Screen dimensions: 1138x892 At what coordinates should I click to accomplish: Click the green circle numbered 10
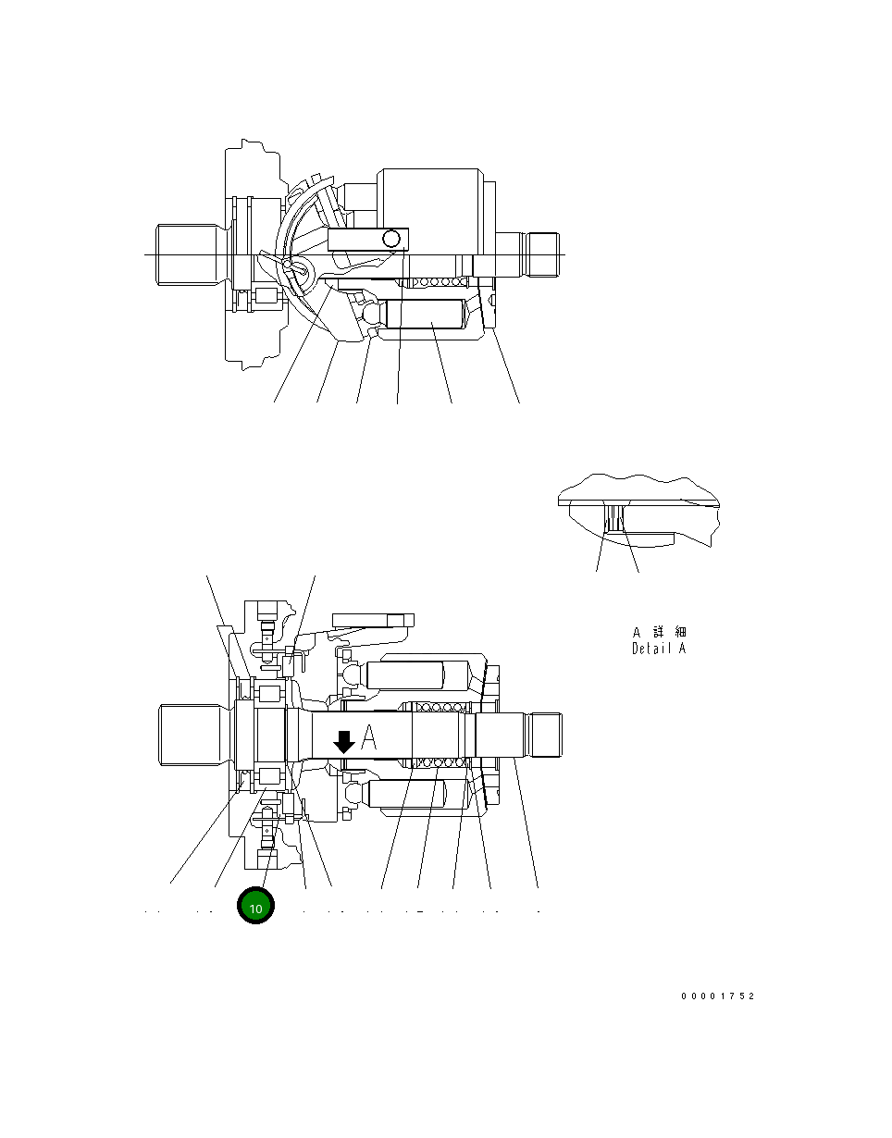coord(256,908)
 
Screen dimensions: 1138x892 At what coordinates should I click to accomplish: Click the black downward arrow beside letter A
coord(343,741)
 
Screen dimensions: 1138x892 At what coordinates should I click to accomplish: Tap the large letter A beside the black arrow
coord(369,737)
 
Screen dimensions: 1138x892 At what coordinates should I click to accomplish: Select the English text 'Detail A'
coord(659,649)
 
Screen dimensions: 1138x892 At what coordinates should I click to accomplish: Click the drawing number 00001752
coord(718,996)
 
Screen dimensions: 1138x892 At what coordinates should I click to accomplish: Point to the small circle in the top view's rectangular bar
coord(392,239)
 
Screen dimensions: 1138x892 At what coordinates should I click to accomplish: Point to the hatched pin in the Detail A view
coord(613,516)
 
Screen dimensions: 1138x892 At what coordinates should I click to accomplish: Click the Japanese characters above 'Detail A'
coord(659,632)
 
